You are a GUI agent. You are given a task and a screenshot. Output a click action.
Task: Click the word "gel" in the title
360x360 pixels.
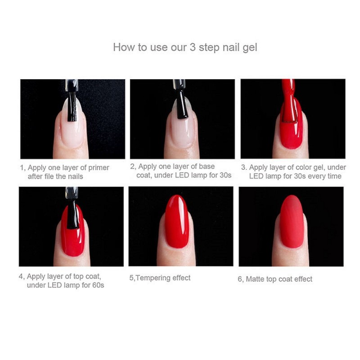tap(250, 48)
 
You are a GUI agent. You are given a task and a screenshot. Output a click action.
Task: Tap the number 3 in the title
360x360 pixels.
tap(193, 47)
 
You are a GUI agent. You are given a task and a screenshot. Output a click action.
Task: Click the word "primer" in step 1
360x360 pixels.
tap(99, 168)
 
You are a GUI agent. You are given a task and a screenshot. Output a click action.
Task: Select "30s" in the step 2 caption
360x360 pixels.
tap(225, 175)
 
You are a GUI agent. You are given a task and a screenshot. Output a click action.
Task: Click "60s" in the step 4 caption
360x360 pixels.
tap(98, 285)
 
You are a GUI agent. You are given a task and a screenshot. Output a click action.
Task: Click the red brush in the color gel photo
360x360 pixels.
tap(289, 101)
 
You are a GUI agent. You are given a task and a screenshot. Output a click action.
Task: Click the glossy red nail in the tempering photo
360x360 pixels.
tap(177, 221)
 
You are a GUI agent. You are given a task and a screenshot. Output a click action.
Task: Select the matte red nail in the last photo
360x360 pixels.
tap(292, 221)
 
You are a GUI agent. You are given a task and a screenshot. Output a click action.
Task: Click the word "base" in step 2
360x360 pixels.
tap(207, 166)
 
